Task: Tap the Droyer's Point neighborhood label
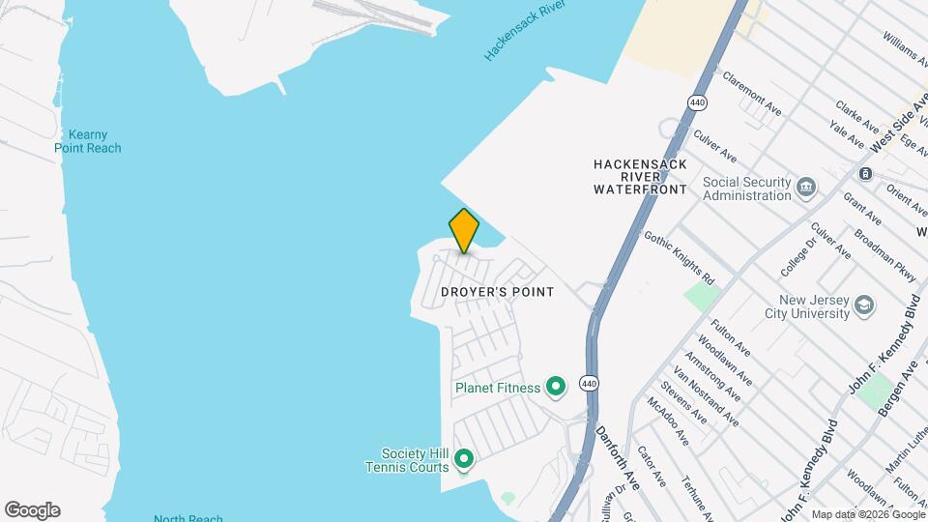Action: (497, 292)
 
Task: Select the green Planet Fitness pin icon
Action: (556, 388)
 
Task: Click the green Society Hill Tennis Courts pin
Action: (463, 457)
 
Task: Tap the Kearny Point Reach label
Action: (88, 141)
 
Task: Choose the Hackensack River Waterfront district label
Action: (640, 177)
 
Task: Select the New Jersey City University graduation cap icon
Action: (864, 306)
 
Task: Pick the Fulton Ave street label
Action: (731, 337)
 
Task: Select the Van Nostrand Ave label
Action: (706, 398)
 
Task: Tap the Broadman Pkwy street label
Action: (883, 255)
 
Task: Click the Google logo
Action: (32, 510)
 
